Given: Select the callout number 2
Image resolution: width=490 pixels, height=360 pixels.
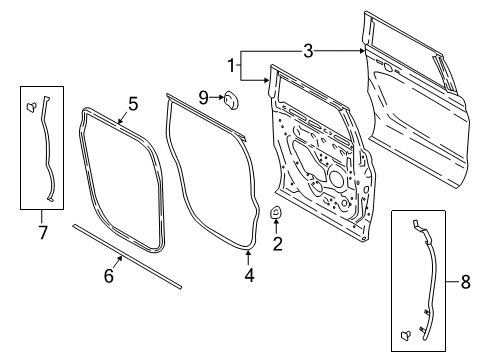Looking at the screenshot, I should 277,243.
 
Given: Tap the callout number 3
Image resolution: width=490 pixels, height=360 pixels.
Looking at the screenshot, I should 308,49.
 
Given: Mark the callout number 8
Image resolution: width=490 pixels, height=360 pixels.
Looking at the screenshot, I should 467,285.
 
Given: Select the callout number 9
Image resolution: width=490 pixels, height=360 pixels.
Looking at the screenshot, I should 203,97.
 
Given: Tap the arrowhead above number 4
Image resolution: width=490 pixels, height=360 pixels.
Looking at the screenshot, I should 249,259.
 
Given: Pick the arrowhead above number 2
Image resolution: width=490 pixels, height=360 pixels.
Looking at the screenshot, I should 277,226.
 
